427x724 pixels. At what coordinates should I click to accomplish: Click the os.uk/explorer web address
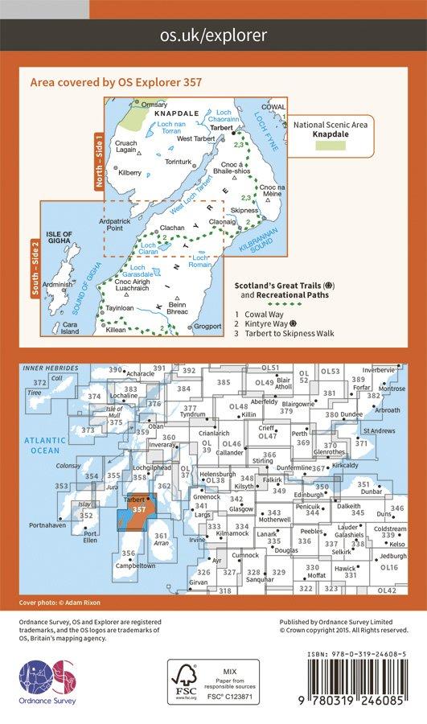point(213,35)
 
